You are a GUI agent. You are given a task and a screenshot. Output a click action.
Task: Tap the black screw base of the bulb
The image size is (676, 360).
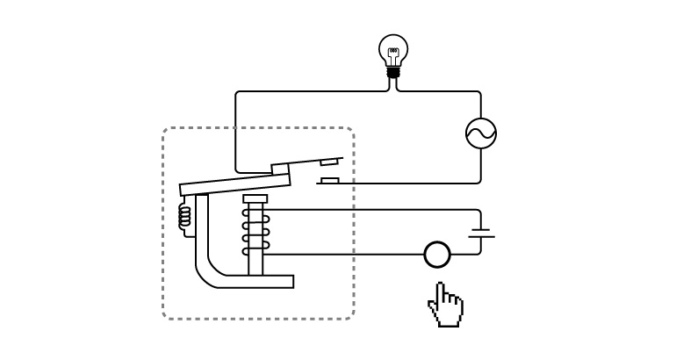pyautogui.click(x=393, y=73)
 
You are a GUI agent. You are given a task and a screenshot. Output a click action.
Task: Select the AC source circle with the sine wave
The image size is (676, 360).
pyautogui.click(x=481, y=133)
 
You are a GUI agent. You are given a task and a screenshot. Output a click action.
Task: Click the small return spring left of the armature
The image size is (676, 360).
pyautogui.click(x=184, y=217)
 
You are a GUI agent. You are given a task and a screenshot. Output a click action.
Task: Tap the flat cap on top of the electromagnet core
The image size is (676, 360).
pyautogui.click(x=255, y=199)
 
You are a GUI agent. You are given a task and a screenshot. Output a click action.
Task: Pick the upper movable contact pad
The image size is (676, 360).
pyautogui.click(x=328, y=162)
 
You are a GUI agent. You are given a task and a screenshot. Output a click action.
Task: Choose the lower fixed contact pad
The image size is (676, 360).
pyautogui.click(x=329, y=181)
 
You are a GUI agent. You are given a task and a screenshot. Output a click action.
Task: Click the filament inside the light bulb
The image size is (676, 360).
pyautogui.click(x=393, y=54)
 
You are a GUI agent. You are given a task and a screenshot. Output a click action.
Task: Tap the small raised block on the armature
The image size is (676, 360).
pyautogui.click(x=280, y=168)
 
